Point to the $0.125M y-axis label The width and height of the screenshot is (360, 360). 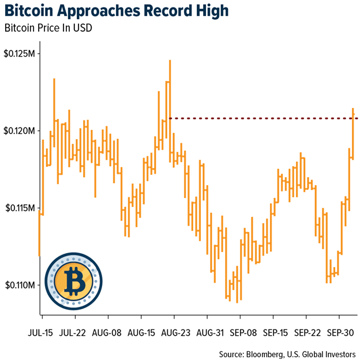(21, 54)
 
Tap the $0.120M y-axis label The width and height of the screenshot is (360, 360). (21, 131)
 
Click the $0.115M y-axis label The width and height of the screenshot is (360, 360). (21, 208)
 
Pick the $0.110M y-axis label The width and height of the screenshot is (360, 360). (21, 285)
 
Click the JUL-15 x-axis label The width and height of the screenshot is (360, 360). (42, 333)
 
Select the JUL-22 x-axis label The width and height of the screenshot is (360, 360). (74, 333)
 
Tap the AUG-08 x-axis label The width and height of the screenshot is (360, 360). (107, 333)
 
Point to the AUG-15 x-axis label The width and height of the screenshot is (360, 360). (142, 333)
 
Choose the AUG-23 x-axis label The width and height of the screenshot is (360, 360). (177, 333)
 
